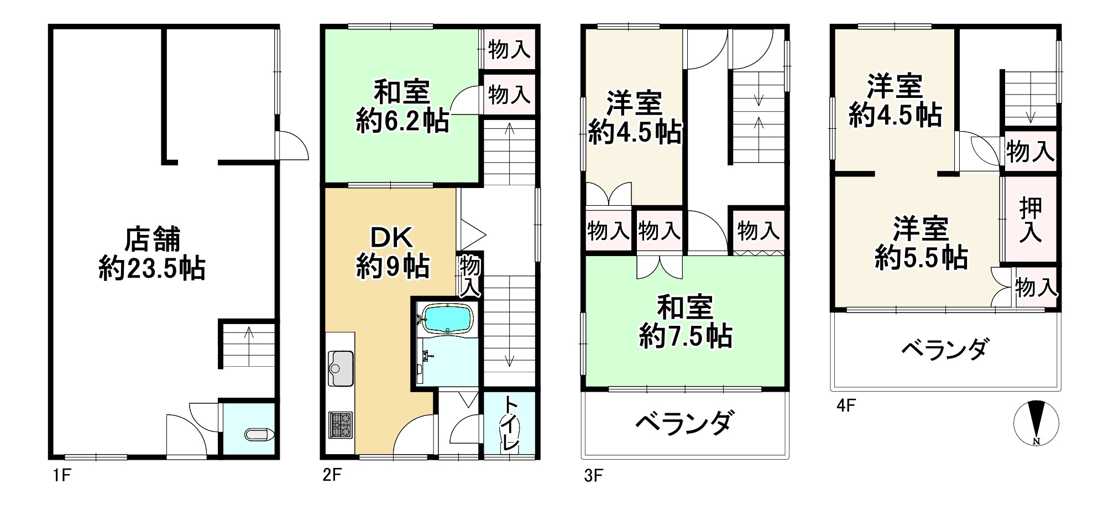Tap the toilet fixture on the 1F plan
[x=259, y=435]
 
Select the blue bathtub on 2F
[x=447, y=318]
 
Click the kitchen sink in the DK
[x=341, y=368]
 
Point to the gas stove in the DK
[x=341, y=425]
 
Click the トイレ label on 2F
[x=509, y=425]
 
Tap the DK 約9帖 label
[x=392, y=253]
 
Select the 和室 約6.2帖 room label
[x=402, y=107]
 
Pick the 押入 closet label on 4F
[x=1031, y=220]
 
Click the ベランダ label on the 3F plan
[x=686, y=423]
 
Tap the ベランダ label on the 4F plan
[x=945, y=350]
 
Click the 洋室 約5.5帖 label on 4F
[x=921, y=243]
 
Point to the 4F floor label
[x=846, y=407]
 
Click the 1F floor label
[x=61, y=475]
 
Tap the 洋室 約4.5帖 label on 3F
[x=634, y=118]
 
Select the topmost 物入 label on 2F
[x=509, y=50]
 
